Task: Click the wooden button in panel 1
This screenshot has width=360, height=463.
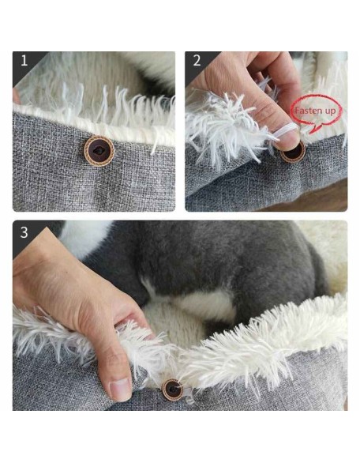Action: tap(99, 151)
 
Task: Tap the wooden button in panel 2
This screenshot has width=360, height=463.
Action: tap(293, 152)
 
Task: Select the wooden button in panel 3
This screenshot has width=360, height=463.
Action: tap(172, 390)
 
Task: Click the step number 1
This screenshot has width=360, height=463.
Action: tap(24, 60)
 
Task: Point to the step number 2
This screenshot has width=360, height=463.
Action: tap(197, 60)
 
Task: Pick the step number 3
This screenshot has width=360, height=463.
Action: tap(24, 232)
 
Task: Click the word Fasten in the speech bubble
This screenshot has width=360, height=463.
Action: tap(307, 111)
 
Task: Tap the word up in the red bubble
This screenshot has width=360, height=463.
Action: tap(328, 111)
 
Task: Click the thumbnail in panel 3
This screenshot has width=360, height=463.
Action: tap(120, 390)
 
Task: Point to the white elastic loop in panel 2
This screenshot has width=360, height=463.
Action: tap(287, 130)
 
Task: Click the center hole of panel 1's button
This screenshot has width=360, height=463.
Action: tap(99, 151)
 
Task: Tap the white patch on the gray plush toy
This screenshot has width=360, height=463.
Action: tap(204, 304)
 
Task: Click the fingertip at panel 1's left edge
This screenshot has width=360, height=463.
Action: tap(16, 96)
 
